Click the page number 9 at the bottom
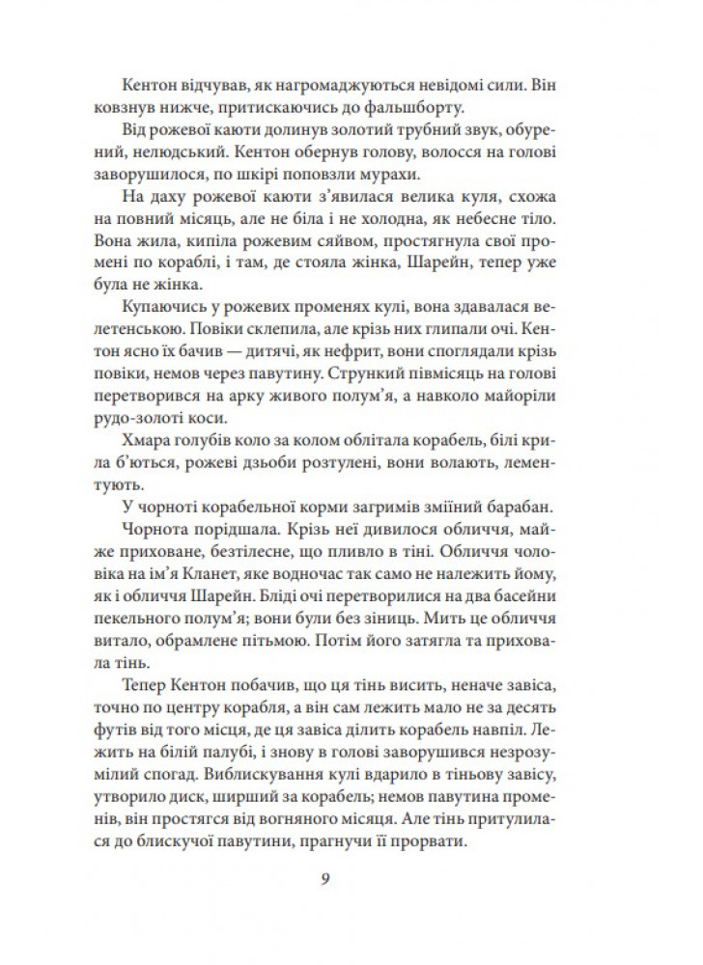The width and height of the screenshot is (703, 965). tap(351, 880)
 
